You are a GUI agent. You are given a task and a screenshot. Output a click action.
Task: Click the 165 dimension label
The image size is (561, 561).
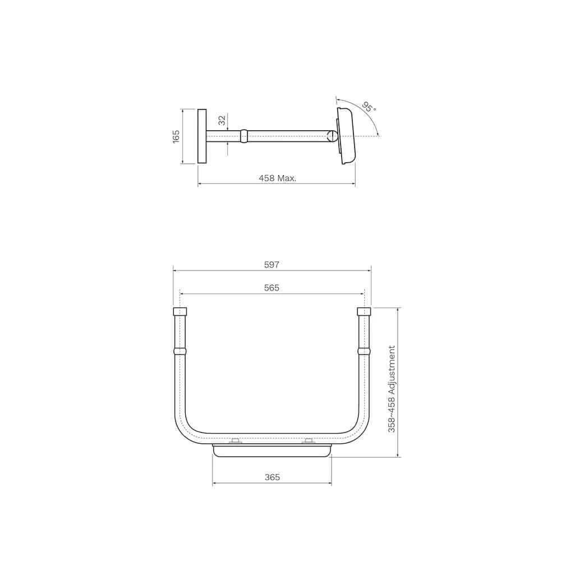pyautogui.click(x=176, y=137)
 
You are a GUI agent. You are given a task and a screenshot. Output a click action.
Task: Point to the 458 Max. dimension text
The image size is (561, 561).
pyautogui.click(x=278, y=178)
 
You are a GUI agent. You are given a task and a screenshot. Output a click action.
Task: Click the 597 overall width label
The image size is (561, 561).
pyautogui.click(x=272, y=265)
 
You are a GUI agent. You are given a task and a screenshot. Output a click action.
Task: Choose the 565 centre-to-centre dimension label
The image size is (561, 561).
pyautogui.click(x=272, y=288)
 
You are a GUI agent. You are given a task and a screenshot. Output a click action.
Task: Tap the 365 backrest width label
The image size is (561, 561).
pyautogui.click(x=272, y=477)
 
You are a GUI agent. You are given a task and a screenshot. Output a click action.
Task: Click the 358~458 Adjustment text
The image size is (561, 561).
pyautogui.click(x=392, y=389)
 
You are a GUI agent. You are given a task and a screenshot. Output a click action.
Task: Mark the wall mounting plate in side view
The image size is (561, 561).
pyautogui.click(x=202, y=137)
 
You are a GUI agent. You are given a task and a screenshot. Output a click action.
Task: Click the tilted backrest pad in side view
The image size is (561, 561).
pyautogui.click(x=346, y=136)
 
